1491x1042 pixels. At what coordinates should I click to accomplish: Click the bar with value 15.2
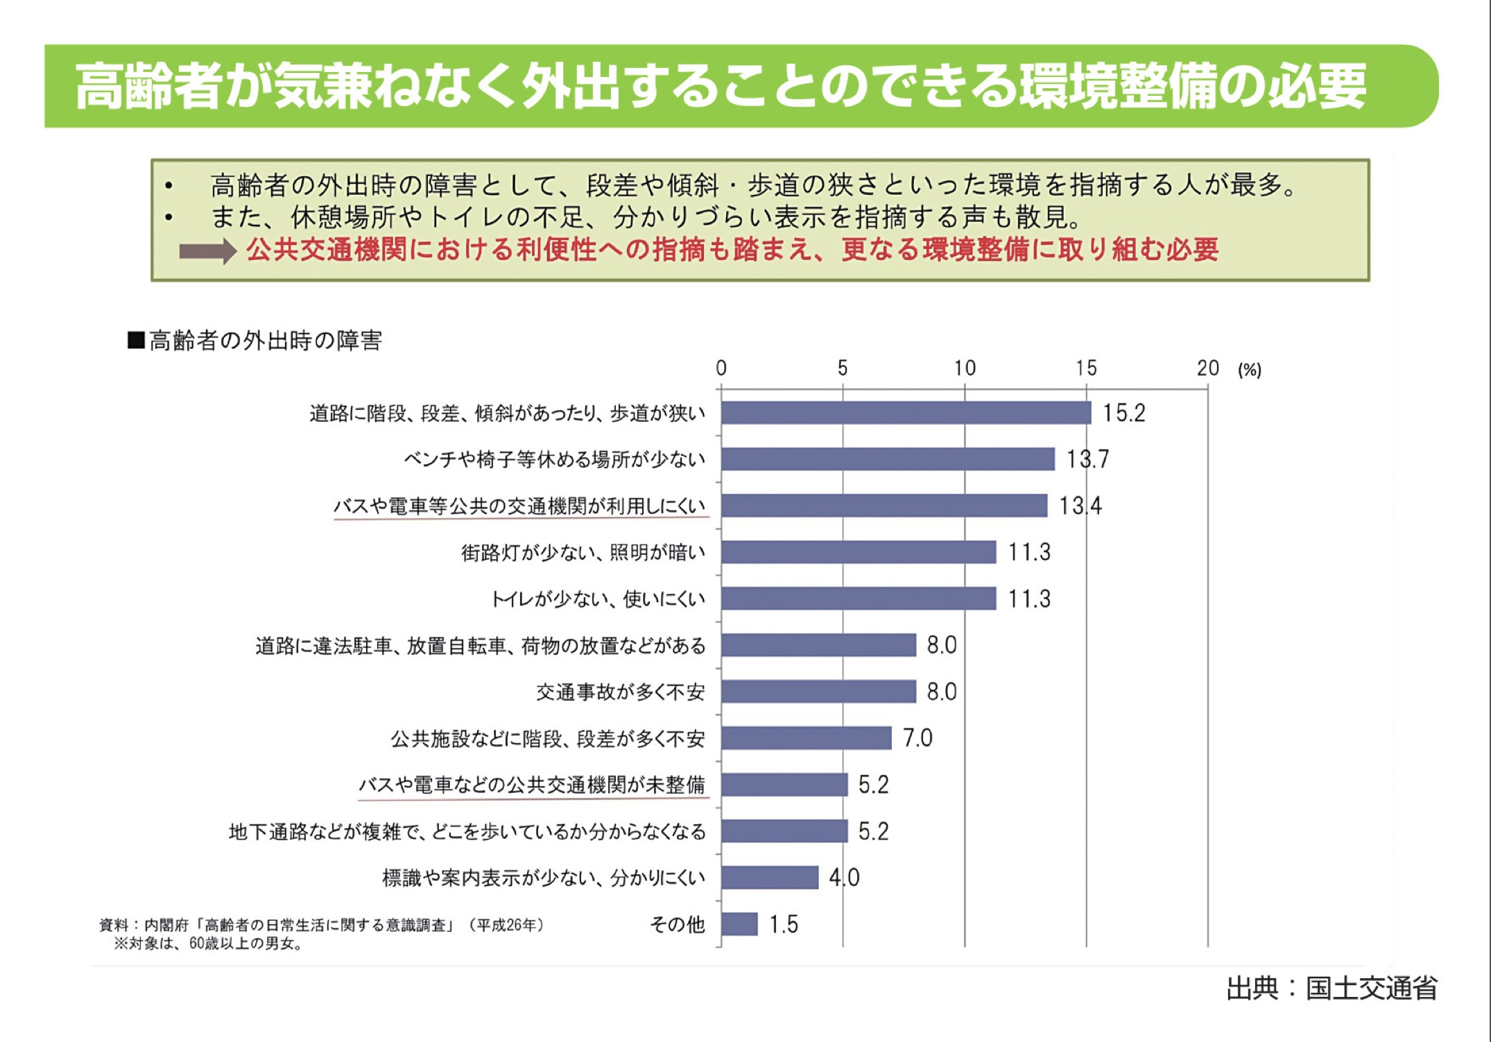[x=905, y=413]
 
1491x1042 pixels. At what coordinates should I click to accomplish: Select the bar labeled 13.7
[x=888, y=459]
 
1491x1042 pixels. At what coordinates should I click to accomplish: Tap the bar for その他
[x=739, y=924]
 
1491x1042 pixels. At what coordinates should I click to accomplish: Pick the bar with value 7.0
[x=806, y=738]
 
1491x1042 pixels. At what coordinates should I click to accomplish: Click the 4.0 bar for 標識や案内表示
[x=770, y=878]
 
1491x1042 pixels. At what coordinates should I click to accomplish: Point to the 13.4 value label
[x=1080, y=506]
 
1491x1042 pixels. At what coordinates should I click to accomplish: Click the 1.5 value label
[x=784, y=924]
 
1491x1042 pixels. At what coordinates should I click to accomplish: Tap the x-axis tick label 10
[x=965, y=368]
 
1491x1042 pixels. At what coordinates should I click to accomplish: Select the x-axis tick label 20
[x=1207, y=368]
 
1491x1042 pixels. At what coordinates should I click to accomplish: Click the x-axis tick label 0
[x=721, y=368]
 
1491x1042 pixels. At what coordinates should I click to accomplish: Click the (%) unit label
[x=1250, y=370]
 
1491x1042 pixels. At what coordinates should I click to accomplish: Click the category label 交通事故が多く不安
[x=620, y=692]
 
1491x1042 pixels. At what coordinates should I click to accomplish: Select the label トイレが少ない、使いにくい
[x=598, y=599]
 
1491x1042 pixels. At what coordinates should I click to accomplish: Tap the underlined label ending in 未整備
[x=532, y=785]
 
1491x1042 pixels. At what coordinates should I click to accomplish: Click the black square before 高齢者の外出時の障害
[x=136, y=341]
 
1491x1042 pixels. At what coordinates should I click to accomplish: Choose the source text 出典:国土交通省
[x=1331, y=989]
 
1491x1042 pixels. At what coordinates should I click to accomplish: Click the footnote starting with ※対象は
[x=208, y=943]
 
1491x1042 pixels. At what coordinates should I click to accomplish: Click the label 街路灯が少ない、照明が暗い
[x=583, y=552]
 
